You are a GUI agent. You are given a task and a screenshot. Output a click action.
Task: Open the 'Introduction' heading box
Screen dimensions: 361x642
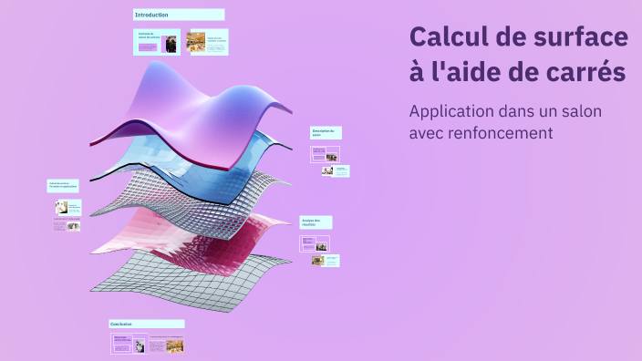pos(179,15)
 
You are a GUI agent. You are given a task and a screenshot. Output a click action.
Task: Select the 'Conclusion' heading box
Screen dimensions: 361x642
pos(146,324)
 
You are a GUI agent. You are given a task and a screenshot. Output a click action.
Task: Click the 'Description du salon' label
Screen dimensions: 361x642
pos(326,132)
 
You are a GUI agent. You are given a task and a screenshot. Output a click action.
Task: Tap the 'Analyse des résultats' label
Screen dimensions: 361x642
pos(316,222)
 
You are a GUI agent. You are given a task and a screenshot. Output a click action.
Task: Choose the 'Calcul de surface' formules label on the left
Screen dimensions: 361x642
pos(63,185)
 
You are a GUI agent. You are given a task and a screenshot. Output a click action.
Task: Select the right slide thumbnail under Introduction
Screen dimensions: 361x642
pos(208,42)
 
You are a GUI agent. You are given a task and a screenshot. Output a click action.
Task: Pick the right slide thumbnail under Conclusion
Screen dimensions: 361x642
pos(166,346)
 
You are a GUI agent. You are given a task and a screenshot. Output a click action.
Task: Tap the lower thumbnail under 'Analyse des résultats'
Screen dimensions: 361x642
pos(325,260)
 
